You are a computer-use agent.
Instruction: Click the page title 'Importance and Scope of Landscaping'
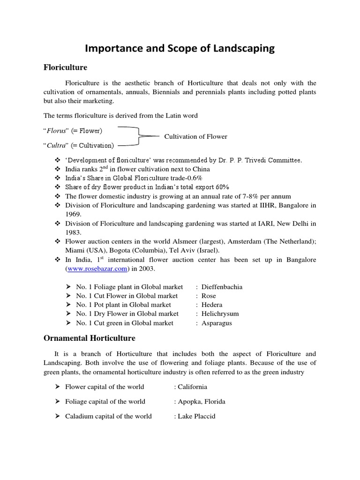[180, 48]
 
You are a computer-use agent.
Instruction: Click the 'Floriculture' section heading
[65, 67]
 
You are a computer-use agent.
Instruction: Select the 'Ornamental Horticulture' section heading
[90, 337]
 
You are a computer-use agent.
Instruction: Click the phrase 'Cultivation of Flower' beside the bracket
[195, 136]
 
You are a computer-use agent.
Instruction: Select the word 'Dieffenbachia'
[222, 286]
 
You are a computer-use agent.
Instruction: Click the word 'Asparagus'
[217, 323]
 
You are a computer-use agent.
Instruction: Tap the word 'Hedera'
[212, 305]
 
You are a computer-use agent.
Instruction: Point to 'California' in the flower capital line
[192, 387]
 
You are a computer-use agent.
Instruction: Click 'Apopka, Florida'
[202, 401]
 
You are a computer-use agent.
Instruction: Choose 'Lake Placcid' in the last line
[196, 416]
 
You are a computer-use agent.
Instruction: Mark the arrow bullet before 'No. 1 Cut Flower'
[68, 296]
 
